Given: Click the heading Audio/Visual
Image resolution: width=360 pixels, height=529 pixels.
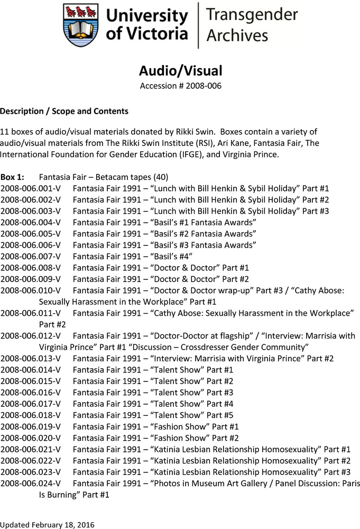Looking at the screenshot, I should tap(180, 70).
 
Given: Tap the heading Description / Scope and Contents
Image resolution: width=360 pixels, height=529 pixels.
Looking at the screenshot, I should tap(64, 111).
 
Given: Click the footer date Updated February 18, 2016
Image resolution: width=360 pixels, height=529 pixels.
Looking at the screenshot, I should tap(48, 524).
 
